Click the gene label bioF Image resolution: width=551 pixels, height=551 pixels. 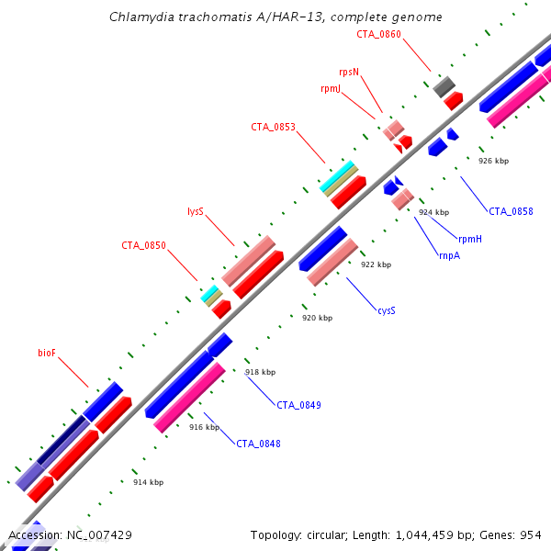pyautogui.click(x=47, y=352)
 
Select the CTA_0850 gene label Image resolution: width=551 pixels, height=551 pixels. pyautogui.click(x=144, y=245)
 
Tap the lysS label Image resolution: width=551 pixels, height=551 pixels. pyautogui.click(x=195, y=211)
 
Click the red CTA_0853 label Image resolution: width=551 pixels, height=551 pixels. pyautogui.click(x=274, y=127)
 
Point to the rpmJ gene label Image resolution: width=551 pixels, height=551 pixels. pyautogui.click(x=331, y=88)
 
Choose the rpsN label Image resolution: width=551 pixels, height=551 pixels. pyautogui.click(x=348, y=71)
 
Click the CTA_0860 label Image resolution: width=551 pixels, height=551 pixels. pyautogui.click(x=379, y=34)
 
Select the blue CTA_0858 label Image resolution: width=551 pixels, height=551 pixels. pyautogui.click(x=511, y=211)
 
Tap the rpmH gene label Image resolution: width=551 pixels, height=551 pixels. pyautogui.click(x=470, y=239)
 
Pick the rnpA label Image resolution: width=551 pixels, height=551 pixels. pyautogui.click(x=449, y=255)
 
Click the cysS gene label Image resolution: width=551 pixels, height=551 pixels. pyautogui.click(x=387, y=310)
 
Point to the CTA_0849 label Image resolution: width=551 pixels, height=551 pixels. pyautogui.click(x=299, y=405)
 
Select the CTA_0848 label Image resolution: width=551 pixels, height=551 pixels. pyautogui.click(x=259, y=444)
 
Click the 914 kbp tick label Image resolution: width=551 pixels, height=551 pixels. pyautogui.click(x=148, y=482)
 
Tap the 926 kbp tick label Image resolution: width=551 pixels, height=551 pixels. pyautogui.click(x=493, y=161)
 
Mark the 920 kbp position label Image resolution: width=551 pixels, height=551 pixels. pyautogui.click(x=317, y=318)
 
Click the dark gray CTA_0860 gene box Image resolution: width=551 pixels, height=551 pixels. pyautogui.click(x=444, y=86)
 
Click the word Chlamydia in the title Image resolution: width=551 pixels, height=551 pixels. pyautogui.click(x=138, y=17)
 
